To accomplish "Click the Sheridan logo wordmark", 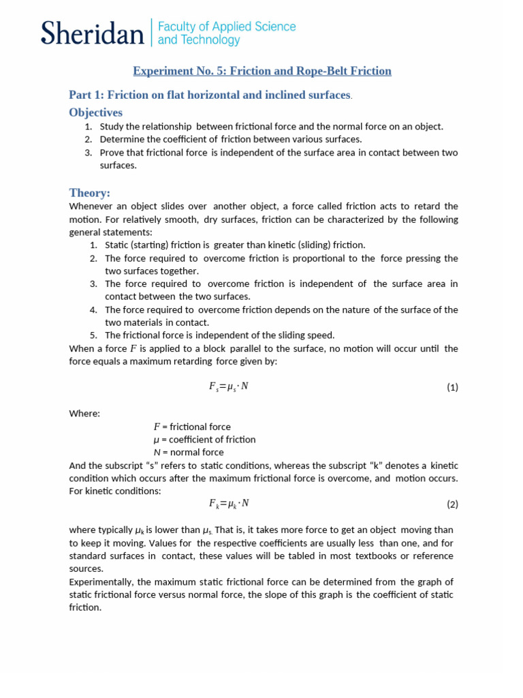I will click(x=92, y=33).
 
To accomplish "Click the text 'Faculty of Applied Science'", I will click(x=227, y=27).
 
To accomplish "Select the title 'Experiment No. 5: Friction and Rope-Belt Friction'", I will click(x=262, y=71).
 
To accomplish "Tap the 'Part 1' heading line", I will click(x=210, y=95).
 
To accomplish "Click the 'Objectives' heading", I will click(x=96, y=112).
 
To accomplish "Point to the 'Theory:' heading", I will click(x=89, y=192).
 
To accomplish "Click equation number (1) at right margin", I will click(x=452, y=387).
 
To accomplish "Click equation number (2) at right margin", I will click(x=452, y=504).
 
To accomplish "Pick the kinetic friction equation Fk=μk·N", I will click(x=228, y=504).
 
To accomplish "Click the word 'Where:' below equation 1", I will click(x=84, y=413).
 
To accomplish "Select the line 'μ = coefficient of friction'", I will click(x=204, y=440).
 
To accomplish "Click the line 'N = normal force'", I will click(x=189, y=452).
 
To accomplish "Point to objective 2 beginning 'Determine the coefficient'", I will click(x=230, y=139).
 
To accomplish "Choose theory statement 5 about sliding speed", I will click(x=219, y=335).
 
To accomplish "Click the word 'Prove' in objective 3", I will click(x=111, y=152).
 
